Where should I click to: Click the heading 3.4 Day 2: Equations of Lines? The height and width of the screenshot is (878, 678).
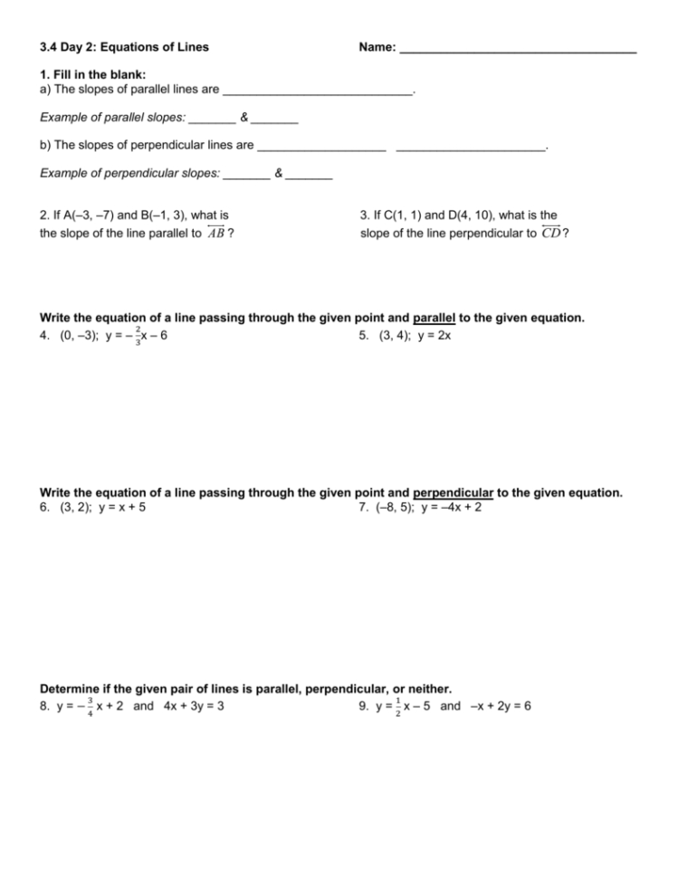click(124, 47)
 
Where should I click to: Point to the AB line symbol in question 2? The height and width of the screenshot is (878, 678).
click(216, 232)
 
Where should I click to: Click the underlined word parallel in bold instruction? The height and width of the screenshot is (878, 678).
click(434, 318)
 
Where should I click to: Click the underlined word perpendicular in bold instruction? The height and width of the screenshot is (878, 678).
click(452, 492)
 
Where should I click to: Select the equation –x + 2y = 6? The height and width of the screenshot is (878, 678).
click(498, 706)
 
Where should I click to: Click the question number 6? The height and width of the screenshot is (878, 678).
click(44, 508)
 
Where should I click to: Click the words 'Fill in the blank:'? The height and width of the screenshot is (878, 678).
click(100, 74)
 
